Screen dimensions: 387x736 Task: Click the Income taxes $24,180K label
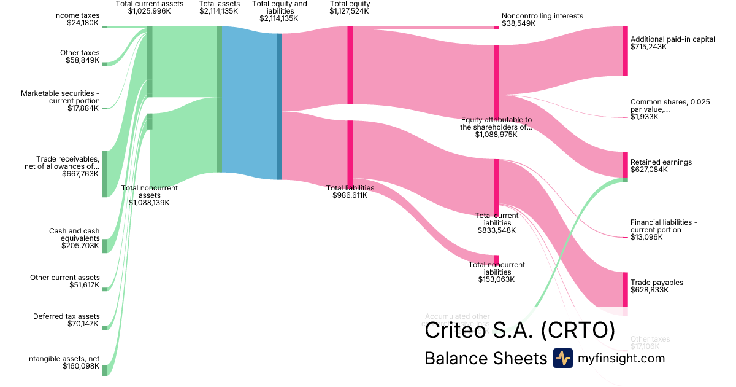click(76, 19)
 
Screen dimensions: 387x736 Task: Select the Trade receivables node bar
click(104, 174)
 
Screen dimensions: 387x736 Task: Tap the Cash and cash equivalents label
click(74, 238)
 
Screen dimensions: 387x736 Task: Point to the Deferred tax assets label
click(66, 320)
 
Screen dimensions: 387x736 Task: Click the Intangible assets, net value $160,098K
click(80, 366)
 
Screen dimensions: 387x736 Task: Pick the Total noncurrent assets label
click(149, 195)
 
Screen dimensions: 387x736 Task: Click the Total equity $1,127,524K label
click(350, 7)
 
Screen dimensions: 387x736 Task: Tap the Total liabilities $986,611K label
click(350, 192)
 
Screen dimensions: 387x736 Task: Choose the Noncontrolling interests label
click(542, 16)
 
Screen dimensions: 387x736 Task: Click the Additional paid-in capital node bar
click(625, 51)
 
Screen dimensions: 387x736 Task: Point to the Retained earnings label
click(661, 162)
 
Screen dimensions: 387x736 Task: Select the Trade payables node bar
click(625, 289)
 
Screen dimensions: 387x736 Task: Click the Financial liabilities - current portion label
click(664, 226)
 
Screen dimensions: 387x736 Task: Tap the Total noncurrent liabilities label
click(496, 272)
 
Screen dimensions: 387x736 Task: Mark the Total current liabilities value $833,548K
click(497, 230)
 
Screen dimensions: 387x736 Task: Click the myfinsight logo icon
click(562, 358)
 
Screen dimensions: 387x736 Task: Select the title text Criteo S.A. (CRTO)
click(519, 330)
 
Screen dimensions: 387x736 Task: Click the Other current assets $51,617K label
click(65, 281)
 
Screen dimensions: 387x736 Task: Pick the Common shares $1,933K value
click(644, 117)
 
